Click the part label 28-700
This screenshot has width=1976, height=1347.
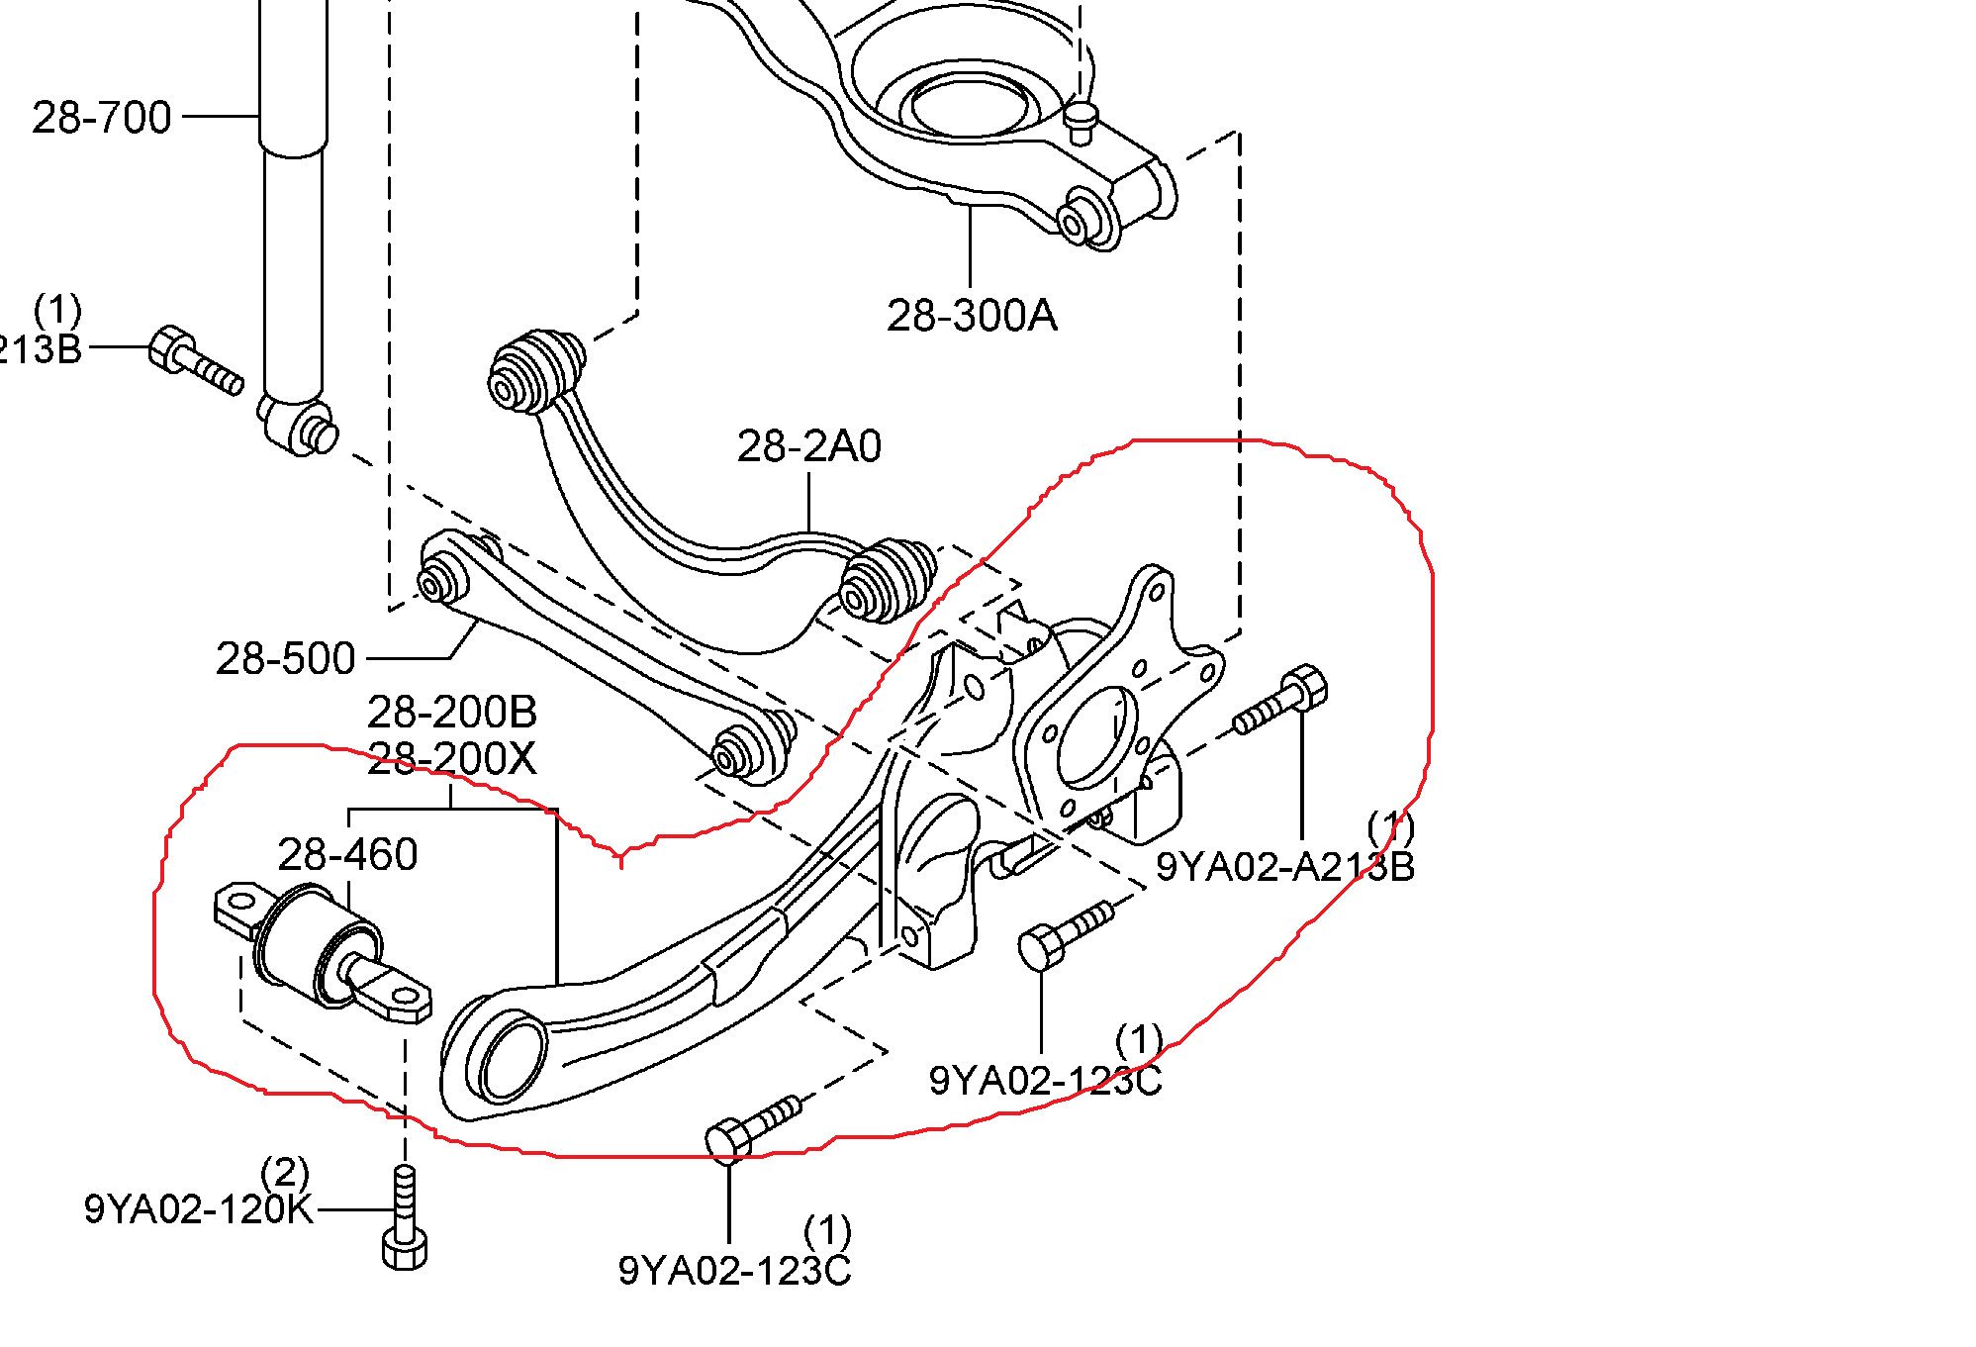click(102, 118)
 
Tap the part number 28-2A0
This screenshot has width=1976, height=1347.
click(808, 447)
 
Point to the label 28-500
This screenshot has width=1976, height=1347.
click(285, 659)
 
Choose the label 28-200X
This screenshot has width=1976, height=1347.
click(452, 760)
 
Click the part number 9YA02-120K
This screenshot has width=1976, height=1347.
click(198, 1209)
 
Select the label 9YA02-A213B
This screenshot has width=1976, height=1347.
click(1284, 867)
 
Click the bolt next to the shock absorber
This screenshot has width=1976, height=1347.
click(195, 362)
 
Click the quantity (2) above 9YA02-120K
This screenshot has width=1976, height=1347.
click(285, 1174)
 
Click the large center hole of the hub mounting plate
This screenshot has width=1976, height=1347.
click(1095, 736)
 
